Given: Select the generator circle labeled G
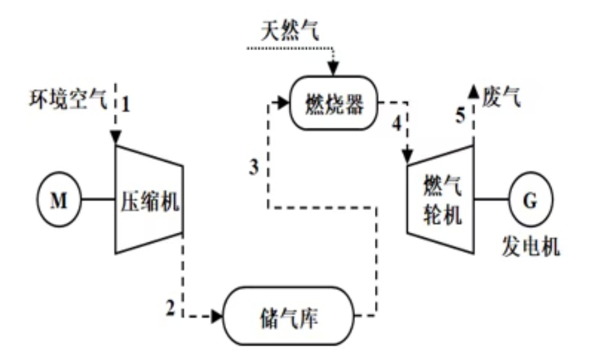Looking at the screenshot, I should pyautogui.click(x=530, y=201).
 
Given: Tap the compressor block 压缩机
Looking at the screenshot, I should pyautogui.click(x=150, y=200).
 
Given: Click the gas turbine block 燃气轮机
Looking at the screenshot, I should pyautogui.click(x=442, y=201).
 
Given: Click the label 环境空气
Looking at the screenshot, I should pyautogui.click(x=66, y=101).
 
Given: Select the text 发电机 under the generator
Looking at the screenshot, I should pyautogui.click(x=530, y=246).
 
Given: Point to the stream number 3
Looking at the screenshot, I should pyautogui.click(x=254, y=167).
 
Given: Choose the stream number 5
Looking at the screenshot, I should pyautogui.click(x=460, y=115).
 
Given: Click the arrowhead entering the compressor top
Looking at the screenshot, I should pyautogui.click(x=116, y=137).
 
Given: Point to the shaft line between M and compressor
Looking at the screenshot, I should pyautogui.click(x=96, y=201).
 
